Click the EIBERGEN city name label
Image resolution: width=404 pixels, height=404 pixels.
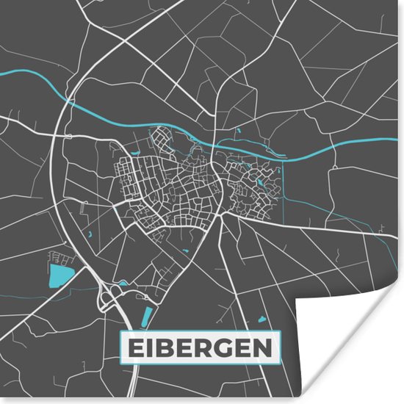tap(201, 347)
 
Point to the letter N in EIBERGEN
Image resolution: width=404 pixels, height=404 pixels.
tap(269, 347)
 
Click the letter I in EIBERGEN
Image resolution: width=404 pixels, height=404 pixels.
tap(147, 347)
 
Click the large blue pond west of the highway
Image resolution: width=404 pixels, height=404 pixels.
tap(58, 276)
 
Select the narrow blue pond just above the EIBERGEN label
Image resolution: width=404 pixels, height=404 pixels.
tap(146, 317)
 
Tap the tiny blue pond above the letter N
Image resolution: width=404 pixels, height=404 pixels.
tap(262, 320)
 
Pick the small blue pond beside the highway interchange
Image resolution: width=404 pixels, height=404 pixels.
tap(123, 284)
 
